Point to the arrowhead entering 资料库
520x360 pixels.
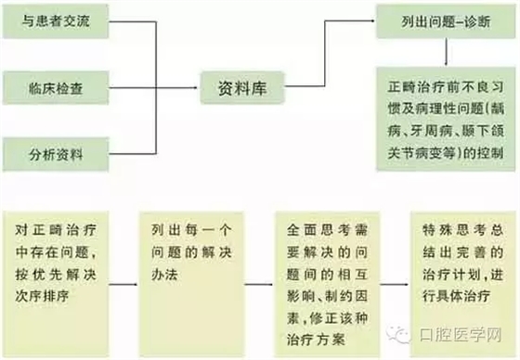coord(196,91)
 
